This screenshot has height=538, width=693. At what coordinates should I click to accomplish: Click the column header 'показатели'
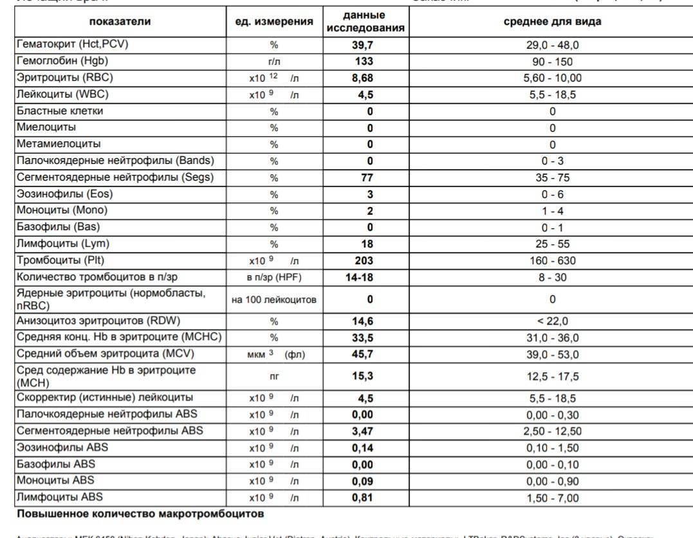pos(120,22)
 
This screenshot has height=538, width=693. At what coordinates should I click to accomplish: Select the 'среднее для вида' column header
pos(552,22)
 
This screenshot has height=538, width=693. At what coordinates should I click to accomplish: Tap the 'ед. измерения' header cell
pos(274,22)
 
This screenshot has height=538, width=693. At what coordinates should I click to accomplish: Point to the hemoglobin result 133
pos(365,62)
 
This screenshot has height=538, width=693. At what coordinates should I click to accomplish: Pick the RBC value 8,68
pos(365,78)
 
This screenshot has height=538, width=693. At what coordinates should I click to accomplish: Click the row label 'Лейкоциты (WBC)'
pos(62,94)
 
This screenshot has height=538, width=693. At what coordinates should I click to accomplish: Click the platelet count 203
pos(365,261)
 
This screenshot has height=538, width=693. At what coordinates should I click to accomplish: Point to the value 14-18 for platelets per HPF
pos(365,278)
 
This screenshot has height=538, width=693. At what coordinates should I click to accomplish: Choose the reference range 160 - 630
pos(552,261)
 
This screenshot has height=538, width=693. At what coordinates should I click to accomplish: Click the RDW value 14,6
pos(365,321)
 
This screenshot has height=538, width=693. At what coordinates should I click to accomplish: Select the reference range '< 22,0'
pos(552,321)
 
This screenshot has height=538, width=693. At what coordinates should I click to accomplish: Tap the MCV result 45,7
pos(365,355)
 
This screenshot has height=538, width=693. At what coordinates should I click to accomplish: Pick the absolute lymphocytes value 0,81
pos(365,498)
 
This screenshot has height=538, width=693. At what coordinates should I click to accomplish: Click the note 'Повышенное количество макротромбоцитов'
pos(140,514)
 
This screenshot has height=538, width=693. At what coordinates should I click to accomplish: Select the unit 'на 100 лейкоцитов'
pos(274,300)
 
